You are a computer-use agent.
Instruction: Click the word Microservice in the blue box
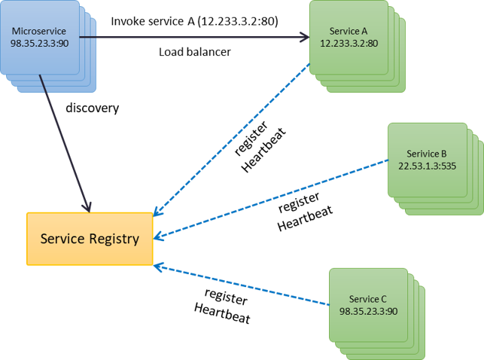[x=39, y=31]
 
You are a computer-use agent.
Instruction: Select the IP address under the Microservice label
[x=39, y=44]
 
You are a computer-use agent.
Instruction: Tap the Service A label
[x=349, y=31]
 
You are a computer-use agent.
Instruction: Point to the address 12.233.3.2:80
[x=349, y=44]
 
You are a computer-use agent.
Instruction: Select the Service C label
[x=368, y=299]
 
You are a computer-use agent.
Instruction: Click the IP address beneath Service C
[x=368, y=310]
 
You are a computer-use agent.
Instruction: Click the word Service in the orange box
[x=62, y=239]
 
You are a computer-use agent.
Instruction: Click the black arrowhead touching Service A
[x=304, y=36]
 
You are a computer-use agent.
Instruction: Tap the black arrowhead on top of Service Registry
[x=87, y=206]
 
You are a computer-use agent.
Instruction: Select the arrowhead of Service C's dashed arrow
[x=159, y=265]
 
